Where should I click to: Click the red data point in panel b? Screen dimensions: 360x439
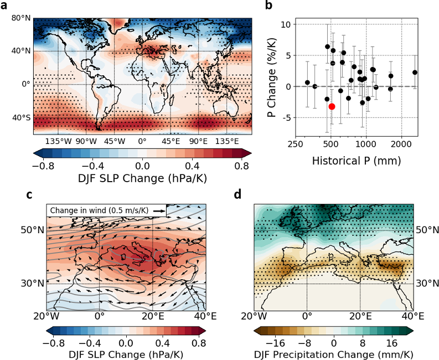click(332, 106)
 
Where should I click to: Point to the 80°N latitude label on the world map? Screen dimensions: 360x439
click(20, 18)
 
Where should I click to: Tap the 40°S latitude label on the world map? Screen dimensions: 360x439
click(21, 117)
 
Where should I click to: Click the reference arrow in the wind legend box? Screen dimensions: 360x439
click(159, 211)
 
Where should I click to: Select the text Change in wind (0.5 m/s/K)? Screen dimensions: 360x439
click(100, 211)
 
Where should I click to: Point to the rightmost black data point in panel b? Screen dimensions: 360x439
click(415, 73)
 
